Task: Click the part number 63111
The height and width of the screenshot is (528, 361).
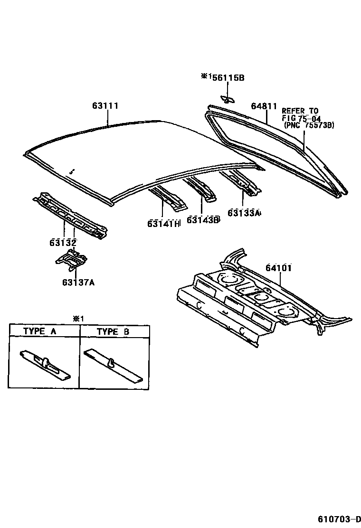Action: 105,106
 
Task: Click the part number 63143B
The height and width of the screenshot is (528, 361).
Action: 203,219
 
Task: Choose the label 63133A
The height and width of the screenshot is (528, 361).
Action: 244,213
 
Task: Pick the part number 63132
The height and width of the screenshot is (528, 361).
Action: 63,243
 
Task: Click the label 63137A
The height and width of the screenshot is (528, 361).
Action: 78,283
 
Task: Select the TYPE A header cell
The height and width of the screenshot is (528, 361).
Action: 44,331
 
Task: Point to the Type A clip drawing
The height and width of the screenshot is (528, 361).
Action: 46,365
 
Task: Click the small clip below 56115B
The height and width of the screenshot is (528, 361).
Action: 227,99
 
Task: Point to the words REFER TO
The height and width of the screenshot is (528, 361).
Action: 300,111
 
